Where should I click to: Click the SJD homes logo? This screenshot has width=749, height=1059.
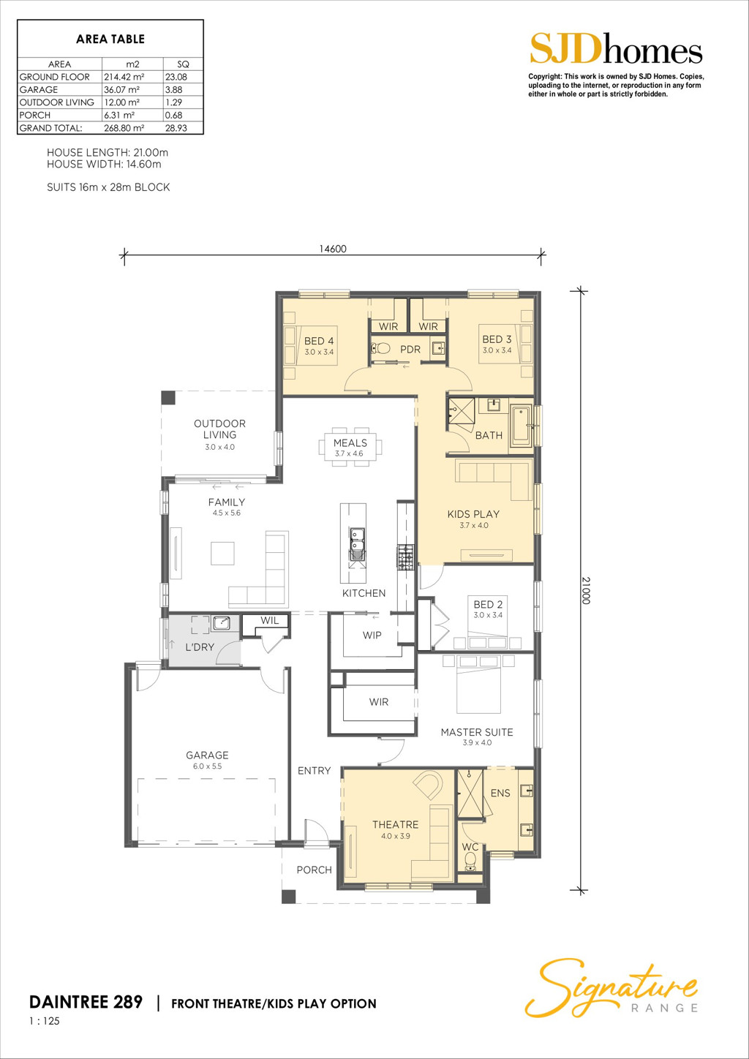616,49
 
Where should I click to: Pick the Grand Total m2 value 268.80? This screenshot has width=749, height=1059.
124,128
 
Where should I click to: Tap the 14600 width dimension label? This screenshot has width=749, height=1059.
333,249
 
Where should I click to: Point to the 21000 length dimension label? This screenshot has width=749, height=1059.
587,590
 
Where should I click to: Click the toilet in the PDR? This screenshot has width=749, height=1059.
380,349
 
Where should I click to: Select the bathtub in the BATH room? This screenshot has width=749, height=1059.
522,425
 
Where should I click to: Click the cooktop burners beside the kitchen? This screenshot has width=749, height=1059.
404,557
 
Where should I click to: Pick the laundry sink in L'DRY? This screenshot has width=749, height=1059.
222,622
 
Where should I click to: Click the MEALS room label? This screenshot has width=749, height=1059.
350,443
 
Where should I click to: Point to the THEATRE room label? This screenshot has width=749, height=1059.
395,824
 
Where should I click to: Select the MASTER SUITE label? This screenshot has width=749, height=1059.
477,732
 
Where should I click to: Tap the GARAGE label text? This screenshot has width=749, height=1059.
207,755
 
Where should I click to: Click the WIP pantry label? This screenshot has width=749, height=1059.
372,636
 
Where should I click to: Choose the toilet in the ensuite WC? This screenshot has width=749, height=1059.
471,862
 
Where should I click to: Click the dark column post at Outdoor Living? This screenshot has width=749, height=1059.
168,397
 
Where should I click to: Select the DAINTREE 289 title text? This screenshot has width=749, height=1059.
86,1001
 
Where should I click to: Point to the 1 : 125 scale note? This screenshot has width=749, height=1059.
45,1021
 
